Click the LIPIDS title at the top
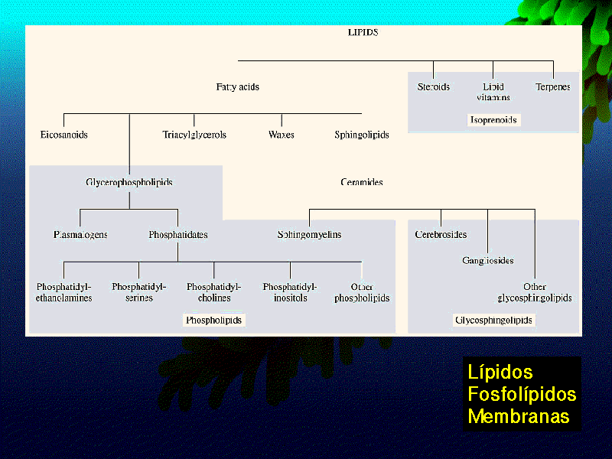pyautogui.click(x=363, y=33)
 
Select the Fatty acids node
pyautogui.click(x=238, y=87)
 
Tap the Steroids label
pyautogui.click(x=433, y=87)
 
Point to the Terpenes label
pyautogui.click(x=552, y=87)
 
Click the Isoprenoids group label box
pyautogui.click(x=493, y=120)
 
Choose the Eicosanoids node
pyautogui.click(x=64, y=135)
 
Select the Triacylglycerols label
pyautogui.click(x=194, y=135)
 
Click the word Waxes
pyautogui.click(x=282, y=135)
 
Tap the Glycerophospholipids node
pyautogui.click(x=129, y=183)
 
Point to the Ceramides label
pyautogui.click(x=362, y=183)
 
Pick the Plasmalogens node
pyautogui.click(x=80, y=235)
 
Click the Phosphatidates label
pyautogui.click(x=178, y=235)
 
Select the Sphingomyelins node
pyautogui.click(x=309, y=235)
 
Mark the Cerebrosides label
pyautogui.click(x=441, y=235)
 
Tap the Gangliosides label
pyautogui.click(x=488, y=261)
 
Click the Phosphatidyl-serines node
pyautogui.click(x=138, y=292)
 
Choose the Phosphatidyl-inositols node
pyautogui.click(x=290, y=292)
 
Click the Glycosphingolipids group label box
pyautogui.click(x=494, y=321)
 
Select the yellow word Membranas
pyautogui.click(x=519, y=417)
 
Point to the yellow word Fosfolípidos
pyautogui.click(x=522, y=395)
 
